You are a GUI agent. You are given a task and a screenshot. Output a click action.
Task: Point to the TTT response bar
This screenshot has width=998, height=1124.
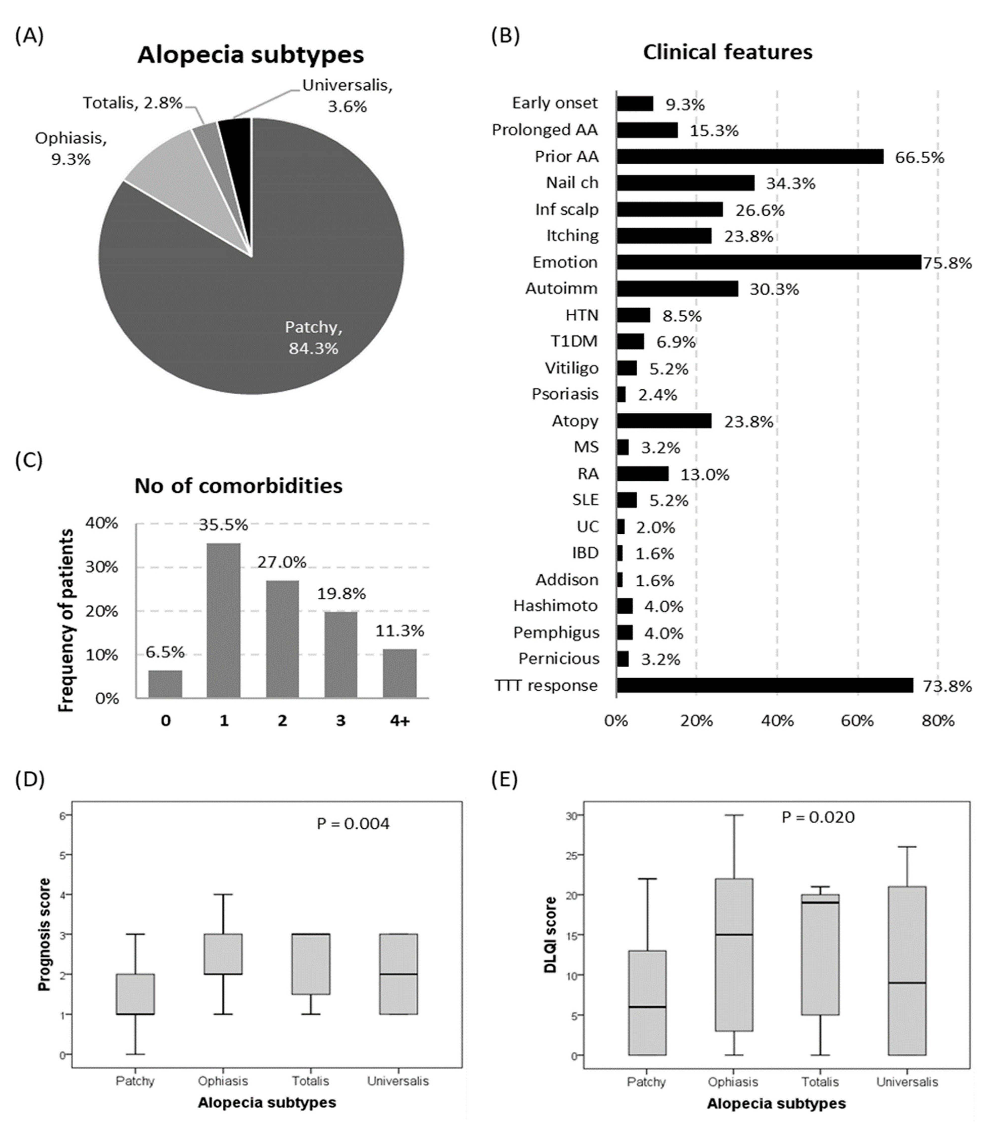pos(764,685)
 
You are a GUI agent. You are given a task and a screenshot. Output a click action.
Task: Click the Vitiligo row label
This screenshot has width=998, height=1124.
pos(571,368)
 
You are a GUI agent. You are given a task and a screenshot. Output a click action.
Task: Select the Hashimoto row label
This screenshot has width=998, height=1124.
pos(555,606)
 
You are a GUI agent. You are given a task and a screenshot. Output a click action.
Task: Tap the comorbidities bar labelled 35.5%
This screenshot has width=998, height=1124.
pos(223,620)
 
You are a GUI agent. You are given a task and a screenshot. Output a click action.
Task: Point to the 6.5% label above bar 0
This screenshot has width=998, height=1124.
pos(165,652)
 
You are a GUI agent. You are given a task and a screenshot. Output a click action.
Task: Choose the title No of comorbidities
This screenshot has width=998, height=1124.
pos(239,486)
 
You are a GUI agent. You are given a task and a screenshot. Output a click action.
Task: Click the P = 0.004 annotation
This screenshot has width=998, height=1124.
pos(353,824)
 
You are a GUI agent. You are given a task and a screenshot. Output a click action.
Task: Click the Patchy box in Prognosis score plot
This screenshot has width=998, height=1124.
pos(135,994)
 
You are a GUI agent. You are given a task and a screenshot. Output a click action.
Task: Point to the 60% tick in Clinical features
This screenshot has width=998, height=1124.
pos(857,721)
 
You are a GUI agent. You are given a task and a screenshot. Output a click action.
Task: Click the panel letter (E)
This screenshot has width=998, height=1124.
pos(504,780)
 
